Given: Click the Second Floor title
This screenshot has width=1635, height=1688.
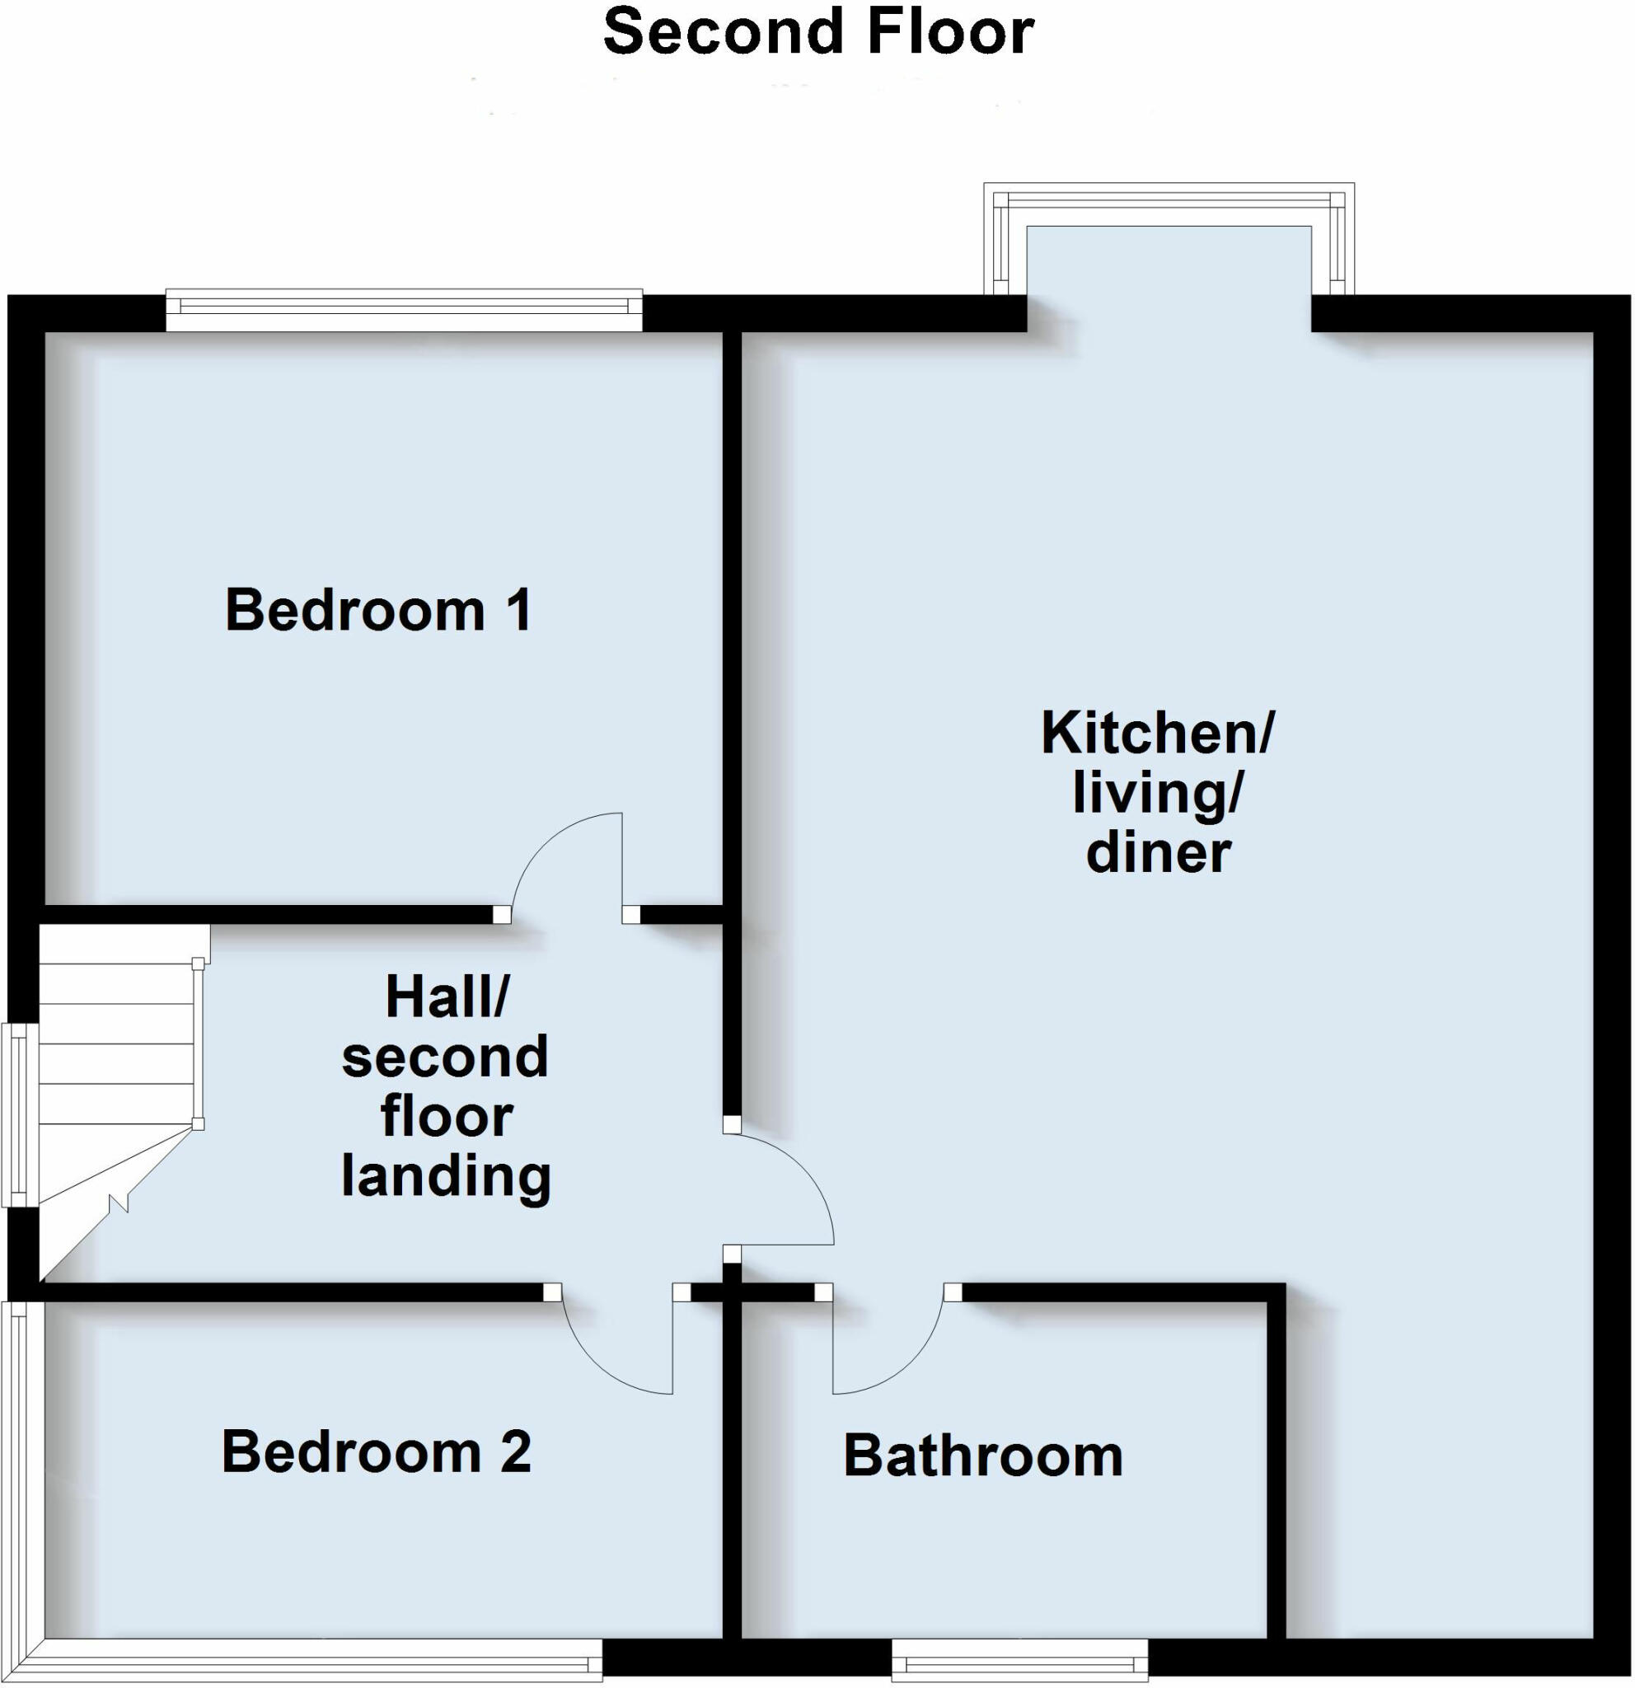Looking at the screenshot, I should tap(818, 33).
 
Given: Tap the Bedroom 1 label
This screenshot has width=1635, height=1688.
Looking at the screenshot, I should tap(378, 611).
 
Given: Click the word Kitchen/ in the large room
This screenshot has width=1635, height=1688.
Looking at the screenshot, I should tap(1156, 734).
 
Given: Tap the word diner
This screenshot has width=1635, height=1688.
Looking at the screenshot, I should tap(1158, 853).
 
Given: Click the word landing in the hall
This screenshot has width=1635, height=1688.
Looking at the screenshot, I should tap(446, 1176).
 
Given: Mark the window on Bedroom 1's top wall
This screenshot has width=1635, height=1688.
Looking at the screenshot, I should tap(404, 310).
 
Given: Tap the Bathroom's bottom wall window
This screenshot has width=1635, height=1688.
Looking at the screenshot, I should tap(1019, 1658).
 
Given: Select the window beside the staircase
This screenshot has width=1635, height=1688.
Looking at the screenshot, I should tap(19, 1114).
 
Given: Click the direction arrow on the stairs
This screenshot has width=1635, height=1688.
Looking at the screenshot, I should tap(118, 1202).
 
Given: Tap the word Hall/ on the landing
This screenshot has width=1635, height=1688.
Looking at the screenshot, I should tap(446, 997).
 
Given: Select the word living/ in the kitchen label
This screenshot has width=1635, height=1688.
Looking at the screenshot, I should tap(1156, 793).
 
